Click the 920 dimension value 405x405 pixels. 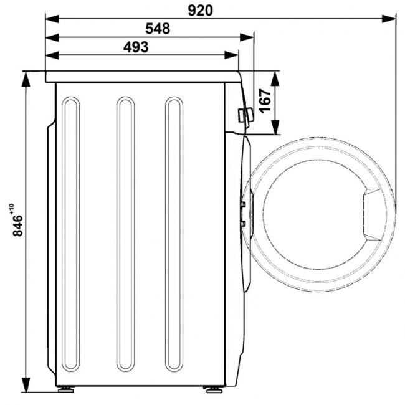click(x=200, y=11)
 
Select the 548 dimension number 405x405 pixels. click(x=158, y=29)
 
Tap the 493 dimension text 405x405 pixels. click(x=136, y=47)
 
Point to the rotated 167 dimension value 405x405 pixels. click(x=265, y=101)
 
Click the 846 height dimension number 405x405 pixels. click(x=18, y=226)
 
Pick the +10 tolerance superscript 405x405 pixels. click(x=12, y=209)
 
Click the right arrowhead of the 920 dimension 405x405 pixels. click(x=389, y=19)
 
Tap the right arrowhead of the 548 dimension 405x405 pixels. click(x=247, y=37)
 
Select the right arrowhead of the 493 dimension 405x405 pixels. click(x=232, y=55)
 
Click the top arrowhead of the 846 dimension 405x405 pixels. click(x=26, y=79)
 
